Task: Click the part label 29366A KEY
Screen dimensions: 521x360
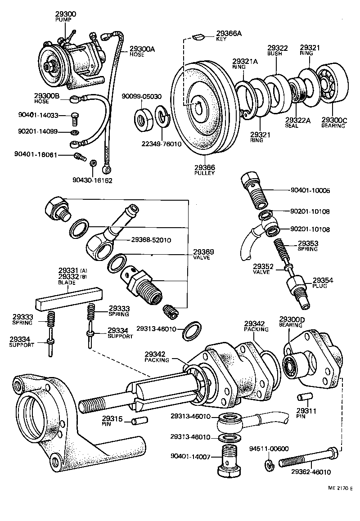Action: [229, 36]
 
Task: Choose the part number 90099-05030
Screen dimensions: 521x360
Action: [142, 96]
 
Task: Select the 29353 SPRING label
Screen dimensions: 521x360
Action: [308, 246]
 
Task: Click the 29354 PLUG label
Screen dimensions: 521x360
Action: [323, 283]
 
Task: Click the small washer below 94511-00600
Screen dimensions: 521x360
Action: [270, 465]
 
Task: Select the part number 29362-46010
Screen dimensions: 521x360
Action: [311, 472]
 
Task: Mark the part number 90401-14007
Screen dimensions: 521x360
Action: [191, 457]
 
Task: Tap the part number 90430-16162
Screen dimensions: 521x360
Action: [92, 180]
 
